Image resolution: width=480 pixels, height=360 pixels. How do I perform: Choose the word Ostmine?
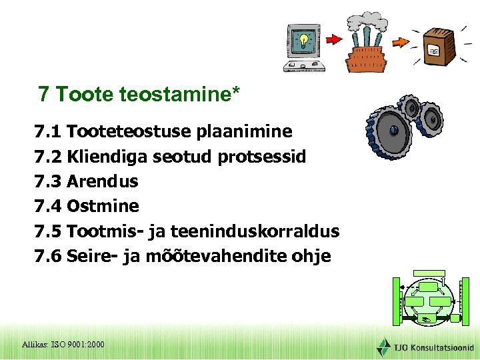coord(103,206)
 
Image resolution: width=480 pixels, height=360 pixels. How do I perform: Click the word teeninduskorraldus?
coord(255,231)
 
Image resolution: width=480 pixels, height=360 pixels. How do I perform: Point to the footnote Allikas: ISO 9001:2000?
coord(63,344)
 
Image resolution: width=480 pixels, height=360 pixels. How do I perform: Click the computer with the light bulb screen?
coord(304,47)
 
